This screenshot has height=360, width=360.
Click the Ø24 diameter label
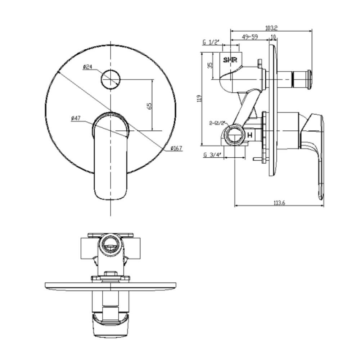pos(88,67)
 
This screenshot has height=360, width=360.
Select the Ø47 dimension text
pos(78,118)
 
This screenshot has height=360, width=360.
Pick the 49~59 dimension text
pos(249,37)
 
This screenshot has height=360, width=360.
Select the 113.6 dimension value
pos(279,203)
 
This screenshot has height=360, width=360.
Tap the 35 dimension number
pos(211,65)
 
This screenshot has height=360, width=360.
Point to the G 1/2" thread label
pos(211,42)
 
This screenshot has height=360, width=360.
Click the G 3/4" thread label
pos(212,155)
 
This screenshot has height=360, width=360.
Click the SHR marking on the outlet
pos(230,60)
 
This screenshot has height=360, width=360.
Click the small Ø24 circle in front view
pos(110,80)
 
